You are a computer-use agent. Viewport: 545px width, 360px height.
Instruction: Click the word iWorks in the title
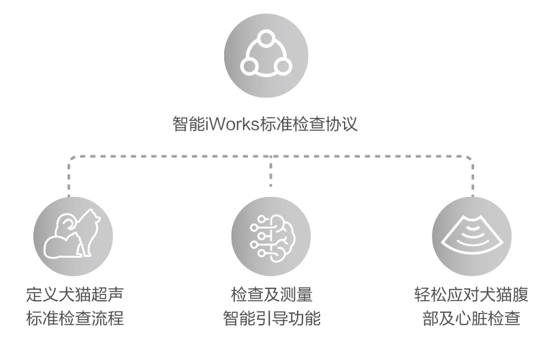pos(232,124)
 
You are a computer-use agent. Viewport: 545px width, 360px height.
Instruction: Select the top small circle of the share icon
pos(266,37)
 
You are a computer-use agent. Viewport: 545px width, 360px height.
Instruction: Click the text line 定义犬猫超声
pos(75,295)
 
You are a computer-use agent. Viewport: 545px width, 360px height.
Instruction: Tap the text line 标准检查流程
pos(75,318)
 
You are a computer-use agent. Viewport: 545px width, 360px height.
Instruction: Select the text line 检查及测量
pos(271,295)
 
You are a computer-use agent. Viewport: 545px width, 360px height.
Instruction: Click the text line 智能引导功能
pos(271,318)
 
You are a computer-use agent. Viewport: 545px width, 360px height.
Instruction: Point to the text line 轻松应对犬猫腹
pos(471,295)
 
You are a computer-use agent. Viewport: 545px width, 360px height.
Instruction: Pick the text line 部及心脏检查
pos(471,318)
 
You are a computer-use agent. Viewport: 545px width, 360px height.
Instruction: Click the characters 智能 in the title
pos(189,124)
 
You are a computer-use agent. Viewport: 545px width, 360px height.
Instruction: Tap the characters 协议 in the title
pos(341,124)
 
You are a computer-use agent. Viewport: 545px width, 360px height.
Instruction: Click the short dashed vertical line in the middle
pos(270,171)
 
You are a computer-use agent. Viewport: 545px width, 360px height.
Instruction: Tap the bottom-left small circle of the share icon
pos(249,66)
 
